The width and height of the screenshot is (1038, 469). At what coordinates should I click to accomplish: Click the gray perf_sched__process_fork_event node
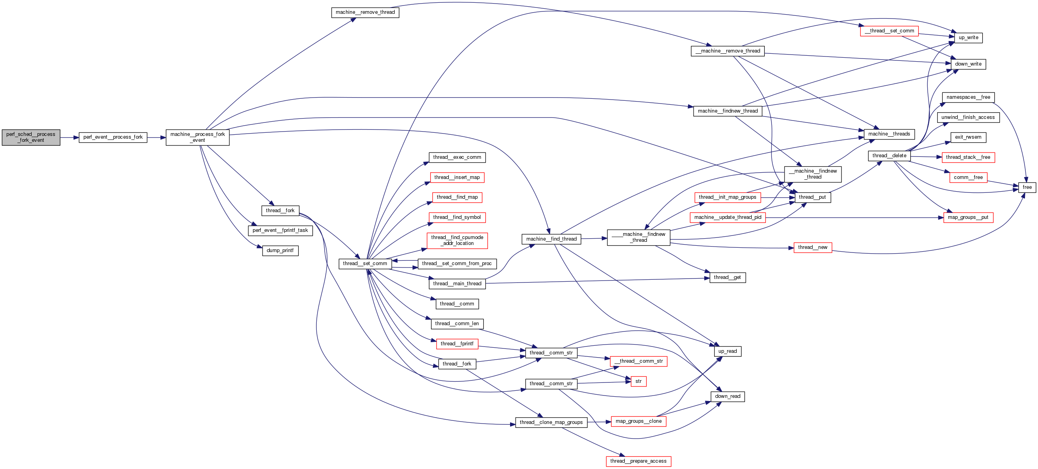[x=31, y=137]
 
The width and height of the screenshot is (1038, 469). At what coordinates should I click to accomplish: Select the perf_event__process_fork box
[x=113, y=137]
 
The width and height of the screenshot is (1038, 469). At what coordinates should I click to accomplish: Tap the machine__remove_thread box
[x=365, y=13]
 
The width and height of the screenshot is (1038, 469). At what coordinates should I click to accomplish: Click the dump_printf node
[x=280, y=251]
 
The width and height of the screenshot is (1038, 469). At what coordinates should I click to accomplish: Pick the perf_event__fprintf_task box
[x=280, y=230]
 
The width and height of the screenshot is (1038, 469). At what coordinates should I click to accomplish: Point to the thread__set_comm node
[x=365, y=264]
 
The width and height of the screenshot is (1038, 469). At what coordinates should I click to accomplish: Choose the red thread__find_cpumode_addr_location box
[x=457, y=240]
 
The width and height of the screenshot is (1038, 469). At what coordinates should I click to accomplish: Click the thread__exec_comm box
[x=457, y=157]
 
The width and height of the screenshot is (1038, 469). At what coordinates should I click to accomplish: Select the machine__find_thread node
[x=551, y=239]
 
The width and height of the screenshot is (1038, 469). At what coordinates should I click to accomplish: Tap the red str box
[x=638, y=381]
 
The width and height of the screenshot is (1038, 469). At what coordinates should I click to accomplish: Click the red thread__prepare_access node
[x=638, y=461]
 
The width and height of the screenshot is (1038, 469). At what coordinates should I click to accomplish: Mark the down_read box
[x=727, y=397]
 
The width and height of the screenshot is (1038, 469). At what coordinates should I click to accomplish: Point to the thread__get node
[x=727, y=277]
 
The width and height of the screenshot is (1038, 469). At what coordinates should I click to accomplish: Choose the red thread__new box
[x=812, y=248]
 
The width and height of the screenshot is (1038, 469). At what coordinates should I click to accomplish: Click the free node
[x=1027, y=187]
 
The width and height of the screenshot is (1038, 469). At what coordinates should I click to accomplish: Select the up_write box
[x=968, y=38]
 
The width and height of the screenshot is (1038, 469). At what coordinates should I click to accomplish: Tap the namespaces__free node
[x=968, y=98]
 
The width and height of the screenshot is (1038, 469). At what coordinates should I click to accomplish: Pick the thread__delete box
[x=889, y=156]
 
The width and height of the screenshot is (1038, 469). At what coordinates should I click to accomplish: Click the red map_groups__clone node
[x=638, y=422]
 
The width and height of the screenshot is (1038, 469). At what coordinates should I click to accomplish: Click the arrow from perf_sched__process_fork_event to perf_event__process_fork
[x=69, y=137]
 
